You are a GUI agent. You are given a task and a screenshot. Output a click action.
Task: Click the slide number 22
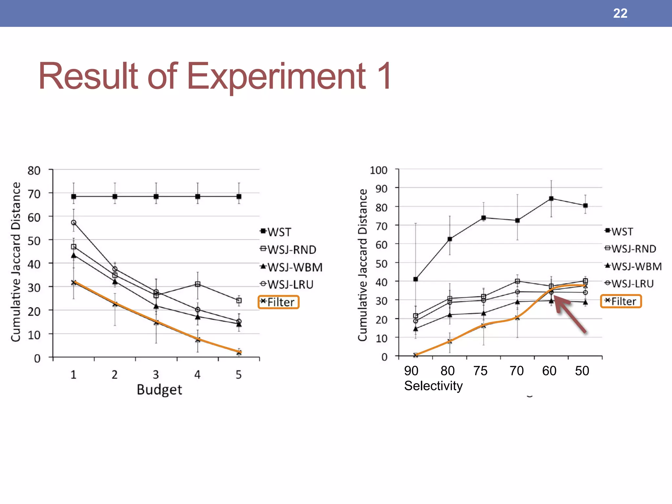pos(620,13)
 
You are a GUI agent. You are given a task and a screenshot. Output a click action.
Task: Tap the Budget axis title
pos(159,390)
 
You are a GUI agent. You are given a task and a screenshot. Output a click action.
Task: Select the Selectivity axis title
pos(433,386)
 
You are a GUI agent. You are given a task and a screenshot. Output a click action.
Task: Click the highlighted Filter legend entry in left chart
pos(279,302)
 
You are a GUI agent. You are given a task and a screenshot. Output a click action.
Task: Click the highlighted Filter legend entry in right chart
pos(621,301)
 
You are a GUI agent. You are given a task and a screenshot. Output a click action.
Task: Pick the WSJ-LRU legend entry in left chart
pos(287,284)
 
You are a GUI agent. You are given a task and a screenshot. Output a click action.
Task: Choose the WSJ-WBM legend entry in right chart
pos(633,266)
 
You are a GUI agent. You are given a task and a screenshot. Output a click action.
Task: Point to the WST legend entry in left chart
pos(276,232)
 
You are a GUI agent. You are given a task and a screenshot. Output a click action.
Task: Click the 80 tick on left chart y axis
pos(34,171)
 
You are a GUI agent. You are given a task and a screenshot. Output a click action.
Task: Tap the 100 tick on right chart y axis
pos(379,170)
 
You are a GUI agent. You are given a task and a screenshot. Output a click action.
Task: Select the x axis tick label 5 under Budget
pos(239,375)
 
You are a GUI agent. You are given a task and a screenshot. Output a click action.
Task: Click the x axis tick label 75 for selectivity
pos(480,371)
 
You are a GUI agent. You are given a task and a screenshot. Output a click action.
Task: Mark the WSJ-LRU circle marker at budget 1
pos(73,222)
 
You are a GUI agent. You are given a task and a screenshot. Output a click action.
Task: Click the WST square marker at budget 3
pos(156,197)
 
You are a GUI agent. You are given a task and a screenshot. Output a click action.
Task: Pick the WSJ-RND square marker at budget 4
pos(198,284)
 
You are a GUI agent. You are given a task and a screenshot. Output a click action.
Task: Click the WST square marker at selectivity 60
pos(551,199)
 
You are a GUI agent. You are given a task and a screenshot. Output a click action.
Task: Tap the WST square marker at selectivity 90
pos(416,279)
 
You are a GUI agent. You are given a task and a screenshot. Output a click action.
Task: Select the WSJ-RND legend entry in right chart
pos(631,249)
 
